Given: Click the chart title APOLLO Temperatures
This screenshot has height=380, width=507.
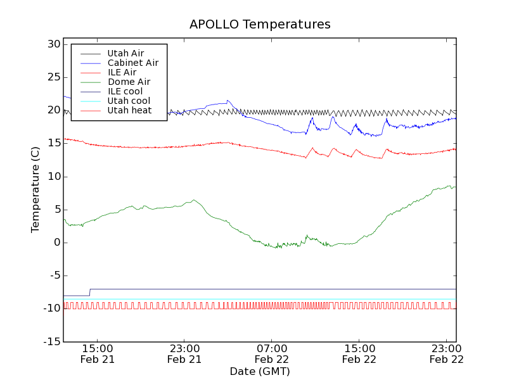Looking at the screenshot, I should coord(260,25).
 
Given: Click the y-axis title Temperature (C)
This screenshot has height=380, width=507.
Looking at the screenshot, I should coord(35,189).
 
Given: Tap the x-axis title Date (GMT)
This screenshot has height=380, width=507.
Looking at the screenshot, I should coord(260,371).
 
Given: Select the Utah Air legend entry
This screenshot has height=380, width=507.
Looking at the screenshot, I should coord(125,53).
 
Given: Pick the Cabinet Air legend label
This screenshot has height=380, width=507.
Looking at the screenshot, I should coord(132,63).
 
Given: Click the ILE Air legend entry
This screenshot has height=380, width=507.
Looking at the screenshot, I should coord(122,72).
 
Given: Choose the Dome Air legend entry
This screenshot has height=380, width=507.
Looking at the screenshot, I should coord(129,82).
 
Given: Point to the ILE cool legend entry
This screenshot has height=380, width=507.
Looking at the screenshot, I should coord(125,91).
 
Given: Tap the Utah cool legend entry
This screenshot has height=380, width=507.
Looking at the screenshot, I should coord(129,101).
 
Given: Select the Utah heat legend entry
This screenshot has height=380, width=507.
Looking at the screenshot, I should coord(129,110).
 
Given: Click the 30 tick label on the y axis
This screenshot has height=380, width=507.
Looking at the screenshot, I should coord(53,44).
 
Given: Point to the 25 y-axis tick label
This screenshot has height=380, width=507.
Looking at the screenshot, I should coord(53,77).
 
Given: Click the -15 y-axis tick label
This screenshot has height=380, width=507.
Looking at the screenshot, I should coord(51,342).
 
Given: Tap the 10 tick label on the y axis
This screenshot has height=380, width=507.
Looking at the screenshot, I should coord(53,177).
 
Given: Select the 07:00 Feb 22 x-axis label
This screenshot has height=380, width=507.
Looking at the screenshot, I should coord(272,353).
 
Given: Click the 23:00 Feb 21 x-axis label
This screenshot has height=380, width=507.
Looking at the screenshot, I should coord(184,353).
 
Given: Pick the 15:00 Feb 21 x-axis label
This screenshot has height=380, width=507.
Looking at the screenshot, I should coord(97,353).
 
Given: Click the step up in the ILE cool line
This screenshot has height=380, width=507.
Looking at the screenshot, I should coord(90,292).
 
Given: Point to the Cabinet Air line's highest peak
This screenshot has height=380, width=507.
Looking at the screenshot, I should coord(228,100).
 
